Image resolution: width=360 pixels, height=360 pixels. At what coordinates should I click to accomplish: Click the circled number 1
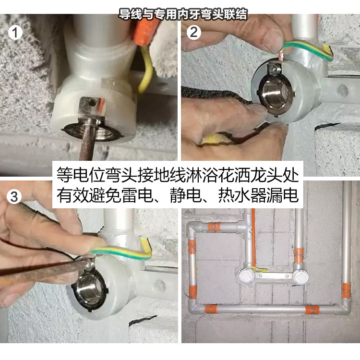15,33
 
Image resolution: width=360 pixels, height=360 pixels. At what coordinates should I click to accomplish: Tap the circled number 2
193,32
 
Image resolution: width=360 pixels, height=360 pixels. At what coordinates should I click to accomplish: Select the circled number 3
14,196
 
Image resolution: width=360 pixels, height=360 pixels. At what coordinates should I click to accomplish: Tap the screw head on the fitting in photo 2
273,69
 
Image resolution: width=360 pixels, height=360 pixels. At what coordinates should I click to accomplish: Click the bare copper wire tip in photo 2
281,56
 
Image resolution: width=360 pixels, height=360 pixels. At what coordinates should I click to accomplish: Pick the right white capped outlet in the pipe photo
300,276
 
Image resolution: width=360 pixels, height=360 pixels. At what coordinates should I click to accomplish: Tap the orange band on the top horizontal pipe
215,227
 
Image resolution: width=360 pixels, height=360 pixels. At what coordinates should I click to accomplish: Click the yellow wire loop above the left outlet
258,270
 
